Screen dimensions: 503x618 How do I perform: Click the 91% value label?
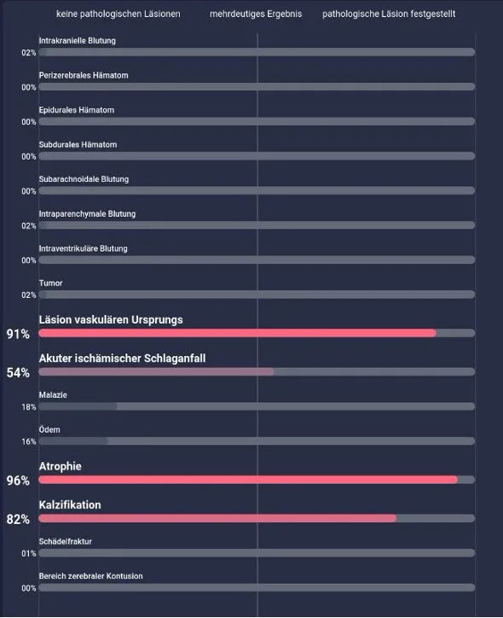click(x=18, y=334)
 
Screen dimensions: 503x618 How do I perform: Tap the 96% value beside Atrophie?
click(x=18, y=481)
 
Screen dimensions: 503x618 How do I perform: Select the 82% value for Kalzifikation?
click(x=18, y=519)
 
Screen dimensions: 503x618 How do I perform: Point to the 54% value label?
click(x=18, y=372)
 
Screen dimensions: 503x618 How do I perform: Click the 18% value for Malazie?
click(x=29, y=407)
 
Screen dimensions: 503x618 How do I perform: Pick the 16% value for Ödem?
click(x=29, y=441)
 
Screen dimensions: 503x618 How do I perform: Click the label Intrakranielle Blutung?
click(x=77, y=41)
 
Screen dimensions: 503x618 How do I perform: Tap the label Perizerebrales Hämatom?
click(x=84, y=75)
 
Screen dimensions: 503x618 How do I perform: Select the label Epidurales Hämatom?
click(x=77, y=110)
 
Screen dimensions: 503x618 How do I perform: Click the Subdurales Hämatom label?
click(x=78, y=144)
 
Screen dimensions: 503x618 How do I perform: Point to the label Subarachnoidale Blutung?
click(x=84, y=179)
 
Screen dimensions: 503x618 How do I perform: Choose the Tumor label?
click(x=51, y=283)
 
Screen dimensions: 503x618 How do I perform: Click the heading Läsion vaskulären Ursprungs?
click(x=111, y=319)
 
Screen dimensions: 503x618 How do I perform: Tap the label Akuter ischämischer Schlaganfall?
click(x=122, y=359)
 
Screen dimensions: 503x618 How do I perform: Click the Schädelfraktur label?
click(x=66, y=541)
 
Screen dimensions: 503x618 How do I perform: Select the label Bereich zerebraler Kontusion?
click(x=91, y=576)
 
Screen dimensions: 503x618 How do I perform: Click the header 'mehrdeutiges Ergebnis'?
click(x=256, y=15)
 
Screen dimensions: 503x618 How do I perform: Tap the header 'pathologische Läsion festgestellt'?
click(x=389, y=15)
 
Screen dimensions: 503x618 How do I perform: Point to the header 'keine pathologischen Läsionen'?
click(x=118, y=15)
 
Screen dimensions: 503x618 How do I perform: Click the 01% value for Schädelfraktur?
click(x=29, y=553)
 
